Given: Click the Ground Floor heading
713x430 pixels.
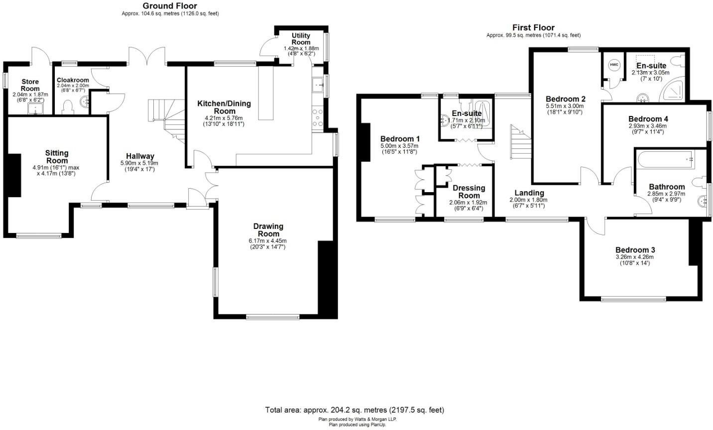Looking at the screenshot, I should [x=170, y=6].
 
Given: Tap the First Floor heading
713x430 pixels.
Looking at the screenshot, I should [x=533, y=27].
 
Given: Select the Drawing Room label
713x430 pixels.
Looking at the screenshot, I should [x=268, y=230].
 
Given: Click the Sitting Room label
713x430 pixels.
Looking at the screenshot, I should [x=57, y=157].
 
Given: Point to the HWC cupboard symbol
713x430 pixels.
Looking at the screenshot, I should [x=614, y=65].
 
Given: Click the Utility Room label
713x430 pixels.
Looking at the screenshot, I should [x=301, y=39].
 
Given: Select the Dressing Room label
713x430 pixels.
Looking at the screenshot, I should [x=469, y=192].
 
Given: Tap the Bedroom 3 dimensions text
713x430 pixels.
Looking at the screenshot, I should [x=634, y=260].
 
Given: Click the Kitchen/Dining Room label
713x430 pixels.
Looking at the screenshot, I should [x=224, y=107].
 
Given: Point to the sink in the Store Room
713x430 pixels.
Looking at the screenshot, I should [x=36, y=108].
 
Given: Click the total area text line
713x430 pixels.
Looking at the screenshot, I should [x=354, y=410].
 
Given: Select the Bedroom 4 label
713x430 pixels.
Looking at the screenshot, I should [x=648, y=119].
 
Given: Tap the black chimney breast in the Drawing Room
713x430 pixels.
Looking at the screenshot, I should [x=327, y=279].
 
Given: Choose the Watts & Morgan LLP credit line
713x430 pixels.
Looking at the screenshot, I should [x=357, y=419].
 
